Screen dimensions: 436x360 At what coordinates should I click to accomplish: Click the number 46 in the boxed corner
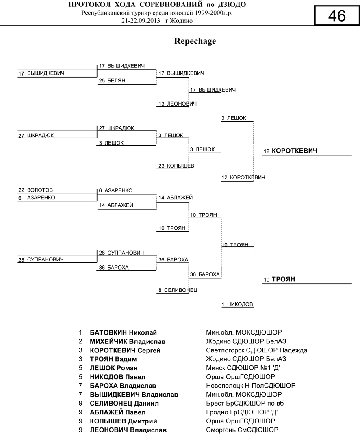click(x=337, y=16)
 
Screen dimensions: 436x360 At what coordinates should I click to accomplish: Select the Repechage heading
click(x=195, y=41)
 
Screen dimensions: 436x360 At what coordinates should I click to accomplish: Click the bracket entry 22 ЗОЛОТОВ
click(x=36, y=190)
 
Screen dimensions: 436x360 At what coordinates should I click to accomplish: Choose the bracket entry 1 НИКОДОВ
click(x=238, y=304)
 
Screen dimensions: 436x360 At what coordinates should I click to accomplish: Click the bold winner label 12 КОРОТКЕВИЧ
click(x=290, y=151)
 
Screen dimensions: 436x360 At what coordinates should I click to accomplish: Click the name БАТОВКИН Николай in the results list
click(x=123, y=332)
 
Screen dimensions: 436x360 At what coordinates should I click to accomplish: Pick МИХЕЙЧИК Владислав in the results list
click(x=128, y=341)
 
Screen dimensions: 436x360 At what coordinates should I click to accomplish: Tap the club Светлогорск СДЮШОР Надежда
click(x=256, y=350)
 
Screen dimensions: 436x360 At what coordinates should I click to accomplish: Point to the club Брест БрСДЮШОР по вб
click(x=245, y=403)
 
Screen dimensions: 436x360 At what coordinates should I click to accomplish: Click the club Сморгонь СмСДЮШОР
click(x=242, y=430)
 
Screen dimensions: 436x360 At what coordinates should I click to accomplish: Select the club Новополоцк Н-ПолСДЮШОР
click(x=251, y=386)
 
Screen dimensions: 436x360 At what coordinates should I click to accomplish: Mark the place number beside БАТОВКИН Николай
click(x=80, y=332)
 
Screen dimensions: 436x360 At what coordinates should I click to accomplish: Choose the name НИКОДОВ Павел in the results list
click(x=117, y=377)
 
